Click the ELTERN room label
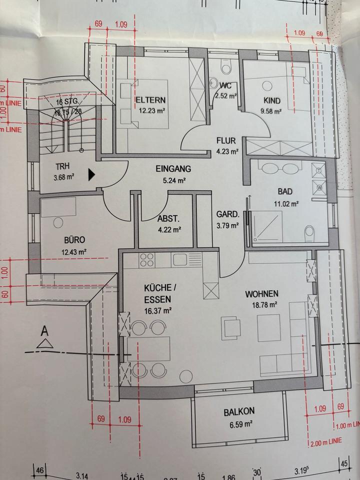(150, 100)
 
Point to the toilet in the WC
(224, 68)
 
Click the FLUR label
(225, 141)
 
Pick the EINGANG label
(173, 169)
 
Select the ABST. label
(169, 219)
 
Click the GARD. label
(226, 214)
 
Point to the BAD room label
(287, 191)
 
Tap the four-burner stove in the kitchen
(147, 259)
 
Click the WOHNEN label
(261, 293)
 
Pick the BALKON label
(238, 411)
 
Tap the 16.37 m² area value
(158, 310)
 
